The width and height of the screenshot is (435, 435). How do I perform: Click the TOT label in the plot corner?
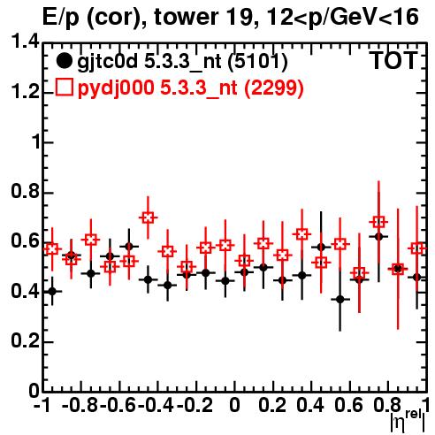click(x=394, y=61)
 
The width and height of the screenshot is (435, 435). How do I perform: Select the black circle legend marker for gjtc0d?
click(x=64, y=61)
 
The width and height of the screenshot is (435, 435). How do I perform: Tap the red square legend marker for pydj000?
click(x=64, y=88)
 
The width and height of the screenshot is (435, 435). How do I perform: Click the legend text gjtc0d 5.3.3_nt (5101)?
click(x=182, y=62)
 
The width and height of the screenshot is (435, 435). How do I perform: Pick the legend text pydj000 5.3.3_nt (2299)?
click(x=190, y=88)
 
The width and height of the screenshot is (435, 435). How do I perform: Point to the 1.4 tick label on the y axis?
click(x=26, y=42)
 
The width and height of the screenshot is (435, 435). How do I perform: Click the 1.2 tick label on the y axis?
click(x=26, y=92)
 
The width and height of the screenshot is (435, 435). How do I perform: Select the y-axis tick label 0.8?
click(x=26, y=192)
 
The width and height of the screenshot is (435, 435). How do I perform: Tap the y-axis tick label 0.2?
click(x=26, y=341)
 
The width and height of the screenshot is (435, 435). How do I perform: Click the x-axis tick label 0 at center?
click(x=234, y=405)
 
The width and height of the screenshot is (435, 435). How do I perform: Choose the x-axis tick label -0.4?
click(x=156, y=405)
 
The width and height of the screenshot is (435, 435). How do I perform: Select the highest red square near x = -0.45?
click(x=148, y=217)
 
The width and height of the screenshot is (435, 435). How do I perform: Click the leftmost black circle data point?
click(x=52, y=292)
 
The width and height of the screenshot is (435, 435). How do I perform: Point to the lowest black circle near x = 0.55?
click(x=340, y=300)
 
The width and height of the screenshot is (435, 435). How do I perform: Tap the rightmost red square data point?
click(x=417, y=248)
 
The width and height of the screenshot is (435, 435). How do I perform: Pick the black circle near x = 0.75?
click(x=378, y=236)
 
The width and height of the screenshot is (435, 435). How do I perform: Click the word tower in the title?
click(x=187, y=17)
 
